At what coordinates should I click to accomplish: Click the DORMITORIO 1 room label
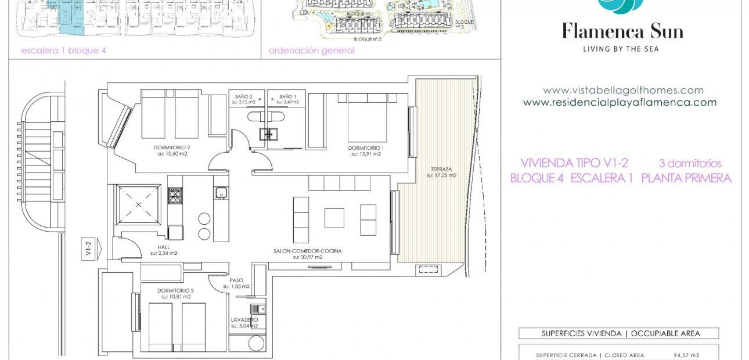366,148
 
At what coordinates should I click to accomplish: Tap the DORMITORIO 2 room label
174,148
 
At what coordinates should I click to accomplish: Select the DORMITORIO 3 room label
174,290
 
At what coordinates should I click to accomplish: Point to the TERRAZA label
441,169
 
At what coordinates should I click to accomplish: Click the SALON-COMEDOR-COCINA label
308,251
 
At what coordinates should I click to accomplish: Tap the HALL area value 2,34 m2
164,253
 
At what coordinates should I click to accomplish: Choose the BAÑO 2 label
244,96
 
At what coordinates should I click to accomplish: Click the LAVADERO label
244,320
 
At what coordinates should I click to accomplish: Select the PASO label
236,280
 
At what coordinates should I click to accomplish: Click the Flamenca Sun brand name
622,31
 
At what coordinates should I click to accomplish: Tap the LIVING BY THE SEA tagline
621,49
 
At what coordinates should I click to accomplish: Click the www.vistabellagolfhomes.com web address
623,91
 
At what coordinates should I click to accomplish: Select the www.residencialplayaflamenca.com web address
620,103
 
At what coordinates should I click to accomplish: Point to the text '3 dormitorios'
690,164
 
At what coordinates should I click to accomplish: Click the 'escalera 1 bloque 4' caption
64,51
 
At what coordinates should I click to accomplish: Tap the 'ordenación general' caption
311,51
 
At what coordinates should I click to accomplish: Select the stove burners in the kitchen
175,196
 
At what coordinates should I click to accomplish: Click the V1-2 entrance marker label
88,249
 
